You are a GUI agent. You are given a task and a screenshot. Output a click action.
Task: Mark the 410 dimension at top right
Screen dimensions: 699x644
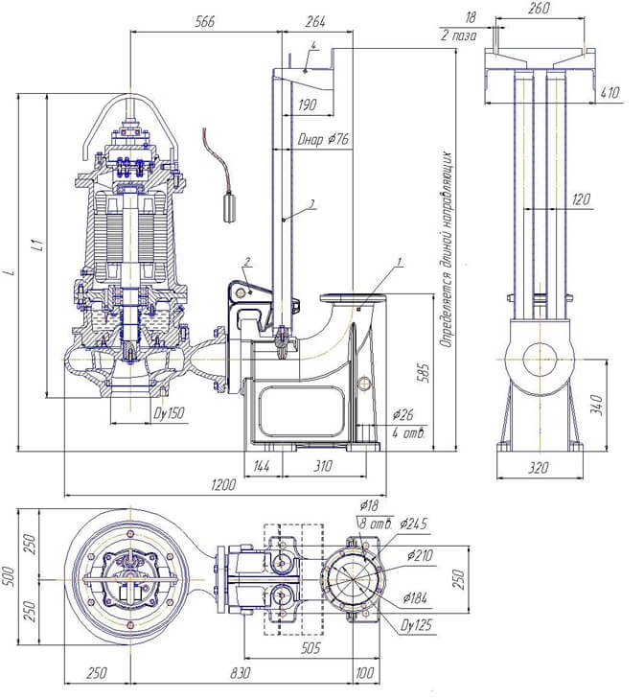click(x=609, y=93)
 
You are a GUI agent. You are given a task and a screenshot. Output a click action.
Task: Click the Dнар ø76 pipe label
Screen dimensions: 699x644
click(x=323, y=139)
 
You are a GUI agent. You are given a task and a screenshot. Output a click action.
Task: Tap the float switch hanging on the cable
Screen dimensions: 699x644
click(x=229, y=206)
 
